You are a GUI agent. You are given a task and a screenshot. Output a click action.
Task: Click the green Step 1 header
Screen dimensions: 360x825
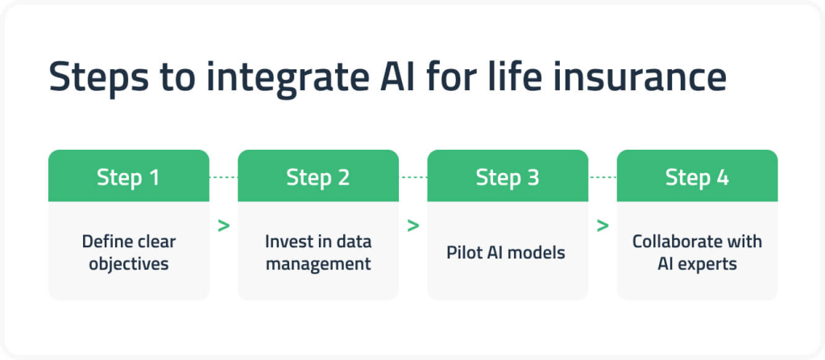[129, 176]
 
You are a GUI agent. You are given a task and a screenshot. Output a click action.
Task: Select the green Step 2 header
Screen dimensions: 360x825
[318, 176]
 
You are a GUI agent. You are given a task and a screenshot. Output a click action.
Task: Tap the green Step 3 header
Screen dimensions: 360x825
[508, 176]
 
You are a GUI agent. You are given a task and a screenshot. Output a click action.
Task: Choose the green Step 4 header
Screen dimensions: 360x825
[697, 176]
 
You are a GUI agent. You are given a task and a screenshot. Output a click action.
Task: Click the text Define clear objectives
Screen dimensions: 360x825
[129, 252]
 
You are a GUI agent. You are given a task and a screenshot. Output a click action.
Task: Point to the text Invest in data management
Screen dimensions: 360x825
[318, 252]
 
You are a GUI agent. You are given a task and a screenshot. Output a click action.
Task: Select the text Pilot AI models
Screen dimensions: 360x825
[507, 252]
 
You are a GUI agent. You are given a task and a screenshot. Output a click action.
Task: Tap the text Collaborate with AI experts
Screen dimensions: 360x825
[697, 252]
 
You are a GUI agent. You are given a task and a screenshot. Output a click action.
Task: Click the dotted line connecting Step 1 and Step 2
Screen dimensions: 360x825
[223, 176]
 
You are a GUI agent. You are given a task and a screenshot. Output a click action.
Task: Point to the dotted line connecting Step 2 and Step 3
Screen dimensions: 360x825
[412, 176]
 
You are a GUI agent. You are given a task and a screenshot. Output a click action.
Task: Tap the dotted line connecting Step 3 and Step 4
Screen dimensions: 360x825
[602, 176]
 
